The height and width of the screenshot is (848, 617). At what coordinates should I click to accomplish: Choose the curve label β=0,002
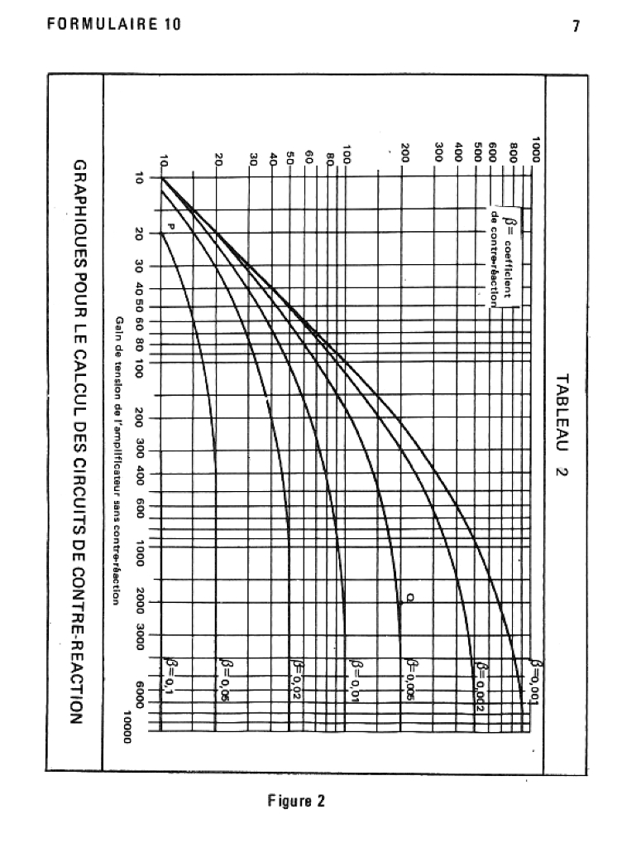coord(480,684)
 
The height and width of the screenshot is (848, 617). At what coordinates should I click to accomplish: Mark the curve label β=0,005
coord(410,679)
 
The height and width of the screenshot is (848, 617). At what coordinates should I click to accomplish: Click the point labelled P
coord(172,225)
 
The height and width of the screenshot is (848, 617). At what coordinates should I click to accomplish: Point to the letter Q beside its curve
coord(409,598)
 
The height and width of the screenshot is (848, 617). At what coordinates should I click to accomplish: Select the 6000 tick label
coord(140,695)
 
